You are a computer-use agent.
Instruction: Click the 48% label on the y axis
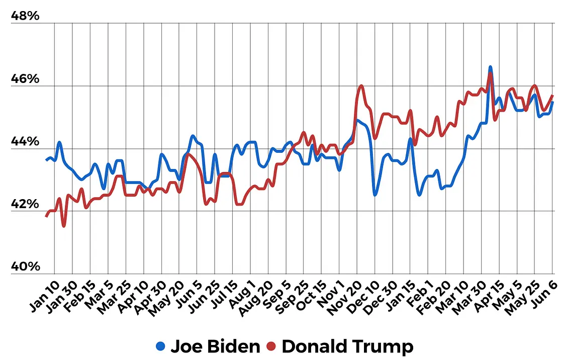point(25,17)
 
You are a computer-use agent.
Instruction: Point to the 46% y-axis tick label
point(25,79)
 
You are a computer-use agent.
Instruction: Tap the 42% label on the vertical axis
point(25,204)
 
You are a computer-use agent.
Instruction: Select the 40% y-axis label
point(25,266)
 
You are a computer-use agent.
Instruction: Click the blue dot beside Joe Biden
point(160,346)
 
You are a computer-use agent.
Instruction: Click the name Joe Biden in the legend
point(215,346)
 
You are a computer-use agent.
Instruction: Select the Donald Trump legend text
point(347,346)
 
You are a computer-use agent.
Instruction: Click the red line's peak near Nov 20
point(361,86)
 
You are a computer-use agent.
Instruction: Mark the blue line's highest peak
point(490,67)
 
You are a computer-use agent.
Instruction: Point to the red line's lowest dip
point(64,226)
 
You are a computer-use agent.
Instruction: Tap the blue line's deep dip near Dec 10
point(375,195)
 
